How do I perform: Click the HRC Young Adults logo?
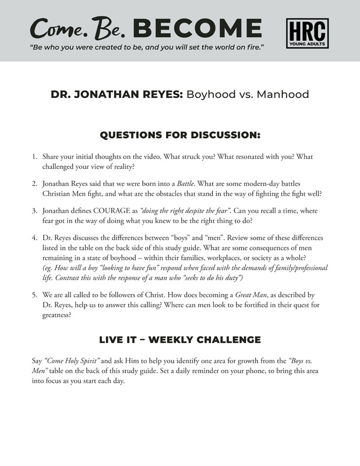point(308,33)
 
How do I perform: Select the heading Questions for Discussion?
point(179,135)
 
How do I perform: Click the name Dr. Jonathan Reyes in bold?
point(117,94)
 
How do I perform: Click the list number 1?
point(34,157)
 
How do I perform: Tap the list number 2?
point(34,183)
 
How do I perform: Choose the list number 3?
point(34,210)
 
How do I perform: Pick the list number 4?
point(34,238)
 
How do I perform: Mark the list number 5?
point(34,295)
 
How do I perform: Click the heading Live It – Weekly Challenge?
point(179,340)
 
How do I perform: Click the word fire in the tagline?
point(252,45)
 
